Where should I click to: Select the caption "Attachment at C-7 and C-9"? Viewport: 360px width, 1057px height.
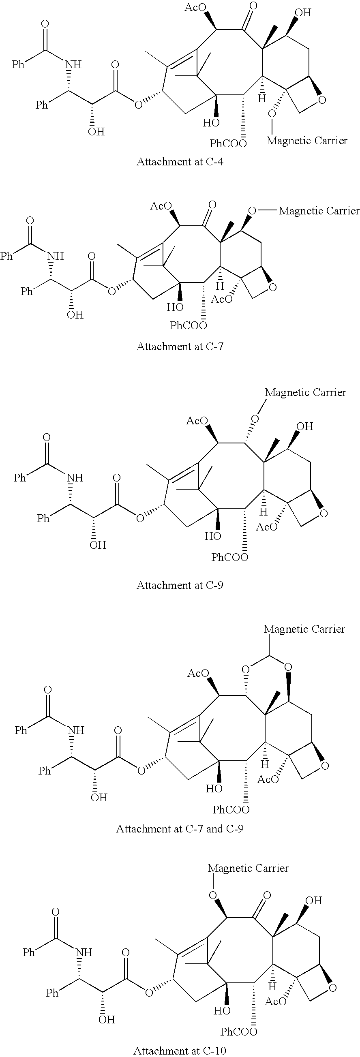coord(180,829)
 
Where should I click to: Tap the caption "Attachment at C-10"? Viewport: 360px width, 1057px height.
coord(180,1051)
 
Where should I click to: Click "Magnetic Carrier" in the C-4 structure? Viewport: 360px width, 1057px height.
coord(306,141)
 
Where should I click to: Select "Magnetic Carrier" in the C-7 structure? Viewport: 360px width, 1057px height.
coord(319,211)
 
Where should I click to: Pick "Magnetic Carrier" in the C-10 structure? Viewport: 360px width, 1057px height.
coord(248,868)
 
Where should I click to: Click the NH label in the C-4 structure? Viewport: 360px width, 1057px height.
coord(73,64)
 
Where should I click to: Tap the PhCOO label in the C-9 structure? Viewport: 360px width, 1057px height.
coord(230,557)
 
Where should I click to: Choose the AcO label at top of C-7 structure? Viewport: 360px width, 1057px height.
coord(160,206)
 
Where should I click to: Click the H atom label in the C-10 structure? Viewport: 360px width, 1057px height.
coord(272,986)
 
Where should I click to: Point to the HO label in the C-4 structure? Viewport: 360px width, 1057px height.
coord(211,122)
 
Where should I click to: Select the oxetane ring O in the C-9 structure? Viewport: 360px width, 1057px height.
coord(324,514)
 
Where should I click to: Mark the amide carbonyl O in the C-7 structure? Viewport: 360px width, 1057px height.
coord(30,221)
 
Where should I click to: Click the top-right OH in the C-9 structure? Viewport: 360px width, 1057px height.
coord(304,426)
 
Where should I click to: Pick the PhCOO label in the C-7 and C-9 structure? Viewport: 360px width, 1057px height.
coord(231,810)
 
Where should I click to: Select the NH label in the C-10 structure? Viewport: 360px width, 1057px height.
coord(84,952)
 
